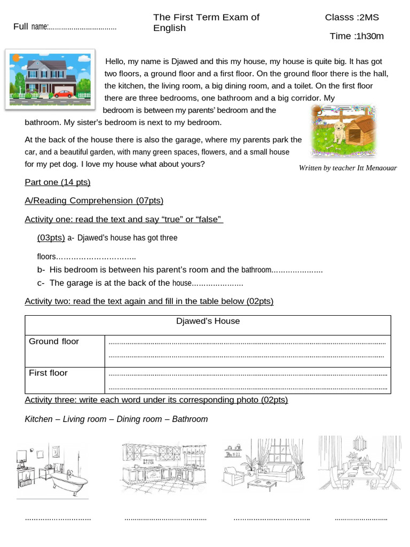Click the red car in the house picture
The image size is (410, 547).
click(63, 93)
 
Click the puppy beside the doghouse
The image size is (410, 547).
click(338, 130)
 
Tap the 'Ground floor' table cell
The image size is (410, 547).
click(54, 341)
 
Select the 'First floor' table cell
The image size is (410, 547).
click(48, 373)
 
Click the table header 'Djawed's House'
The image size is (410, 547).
click(208, 321)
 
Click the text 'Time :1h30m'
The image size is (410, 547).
click(357, 36)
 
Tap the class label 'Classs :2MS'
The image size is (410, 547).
click(352, 17)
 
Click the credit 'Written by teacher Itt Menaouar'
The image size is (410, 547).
click(348, 168)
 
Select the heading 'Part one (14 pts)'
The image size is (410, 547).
click(58, 183)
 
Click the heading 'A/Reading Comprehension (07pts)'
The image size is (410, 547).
click(94, 201)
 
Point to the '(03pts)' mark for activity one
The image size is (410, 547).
click(51, 238)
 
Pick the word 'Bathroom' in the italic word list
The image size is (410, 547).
click(190, 419)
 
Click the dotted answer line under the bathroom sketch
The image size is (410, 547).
click(58, 518)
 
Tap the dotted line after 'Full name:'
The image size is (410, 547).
click(83, 27)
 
